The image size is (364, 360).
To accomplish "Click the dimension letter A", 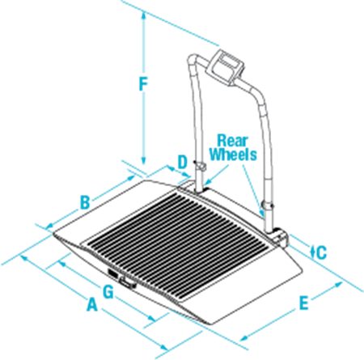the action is point(92,304).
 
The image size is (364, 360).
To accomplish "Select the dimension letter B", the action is point(85,202).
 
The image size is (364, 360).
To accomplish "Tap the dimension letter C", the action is point(321,252).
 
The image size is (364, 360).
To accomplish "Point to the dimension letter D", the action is point(183,162).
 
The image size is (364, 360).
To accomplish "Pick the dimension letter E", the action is point(304,303).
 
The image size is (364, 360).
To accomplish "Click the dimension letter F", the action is point(143,83).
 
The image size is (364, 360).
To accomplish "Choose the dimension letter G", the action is point(108,292).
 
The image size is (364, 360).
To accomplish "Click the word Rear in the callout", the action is point(232,141).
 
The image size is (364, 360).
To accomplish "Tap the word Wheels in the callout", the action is point(234,155).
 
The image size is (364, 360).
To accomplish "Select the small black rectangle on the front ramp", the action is point(112,273).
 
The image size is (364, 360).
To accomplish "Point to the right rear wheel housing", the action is point(281,237).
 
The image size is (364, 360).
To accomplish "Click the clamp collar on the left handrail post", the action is point(200,167).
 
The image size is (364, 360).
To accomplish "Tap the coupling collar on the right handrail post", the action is point(268,206).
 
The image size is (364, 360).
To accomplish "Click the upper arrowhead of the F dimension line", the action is point(144,15).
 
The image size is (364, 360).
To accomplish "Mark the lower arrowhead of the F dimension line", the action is point(144,160).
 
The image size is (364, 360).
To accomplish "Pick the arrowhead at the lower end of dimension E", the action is point(243,337).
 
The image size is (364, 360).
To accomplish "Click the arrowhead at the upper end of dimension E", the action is point(338,285).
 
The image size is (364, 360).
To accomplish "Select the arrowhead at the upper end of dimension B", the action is point(131,178).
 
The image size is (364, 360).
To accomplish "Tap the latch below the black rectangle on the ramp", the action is point(127,284).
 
